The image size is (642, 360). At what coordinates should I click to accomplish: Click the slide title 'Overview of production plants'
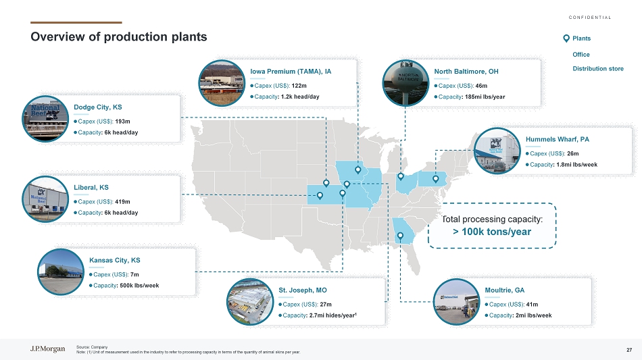tap(119, 37)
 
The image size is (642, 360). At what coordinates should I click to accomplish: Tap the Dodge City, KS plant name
tap(98, 107)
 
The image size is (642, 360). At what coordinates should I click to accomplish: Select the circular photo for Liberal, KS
tap(45, 199)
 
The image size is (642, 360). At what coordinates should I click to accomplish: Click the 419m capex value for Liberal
tap(123, 202)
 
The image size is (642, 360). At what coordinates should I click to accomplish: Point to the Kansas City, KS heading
tap(115, 260)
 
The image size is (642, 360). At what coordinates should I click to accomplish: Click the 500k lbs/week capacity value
tap(139, 286)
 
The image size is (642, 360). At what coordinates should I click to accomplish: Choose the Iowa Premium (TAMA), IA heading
tap(291, 72)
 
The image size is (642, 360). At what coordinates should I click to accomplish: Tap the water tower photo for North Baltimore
tap(405, 83)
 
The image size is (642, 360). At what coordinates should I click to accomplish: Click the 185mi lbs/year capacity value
tap(485, 97)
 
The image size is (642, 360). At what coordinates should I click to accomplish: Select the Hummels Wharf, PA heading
tap(558, 140)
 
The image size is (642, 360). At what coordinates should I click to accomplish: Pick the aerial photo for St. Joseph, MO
tap(250, 302)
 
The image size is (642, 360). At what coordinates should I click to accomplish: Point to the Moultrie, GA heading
tap(504, 290)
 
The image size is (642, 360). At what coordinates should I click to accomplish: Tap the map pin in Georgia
tap(401, 236)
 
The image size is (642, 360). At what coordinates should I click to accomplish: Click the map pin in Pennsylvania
tap(436, 179)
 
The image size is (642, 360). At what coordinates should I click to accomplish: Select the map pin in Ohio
tap(401, 177)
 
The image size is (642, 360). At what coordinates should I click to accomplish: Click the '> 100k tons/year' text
tap(492, 232)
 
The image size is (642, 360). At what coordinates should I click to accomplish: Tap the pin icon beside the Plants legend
tap(566, 38)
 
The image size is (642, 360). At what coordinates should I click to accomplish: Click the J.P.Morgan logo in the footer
tap(47, 349)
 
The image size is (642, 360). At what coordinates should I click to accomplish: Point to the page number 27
tap(629, 350)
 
